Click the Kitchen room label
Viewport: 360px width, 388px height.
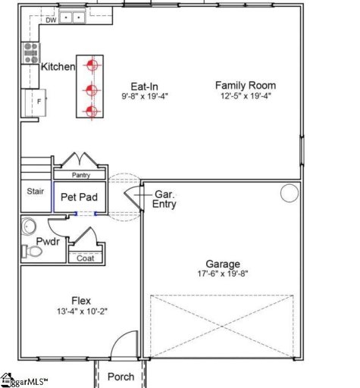58,67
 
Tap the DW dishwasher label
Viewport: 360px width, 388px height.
51,20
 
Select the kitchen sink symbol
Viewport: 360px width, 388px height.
74,16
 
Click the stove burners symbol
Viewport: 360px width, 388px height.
31,52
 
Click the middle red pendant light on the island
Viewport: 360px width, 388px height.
91,90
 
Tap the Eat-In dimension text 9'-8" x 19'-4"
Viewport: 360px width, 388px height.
147,97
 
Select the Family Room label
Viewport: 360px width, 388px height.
245,86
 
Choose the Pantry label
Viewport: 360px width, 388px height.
81,175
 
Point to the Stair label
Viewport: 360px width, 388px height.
35,192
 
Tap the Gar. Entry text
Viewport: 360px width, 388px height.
165,199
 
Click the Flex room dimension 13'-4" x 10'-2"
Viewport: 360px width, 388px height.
81,311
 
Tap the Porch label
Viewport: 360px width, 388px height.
120,377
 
